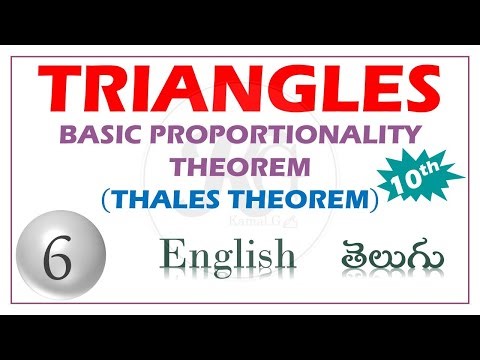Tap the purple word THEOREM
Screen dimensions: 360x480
coord(239,165)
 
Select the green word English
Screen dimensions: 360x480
coord(229,258)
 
